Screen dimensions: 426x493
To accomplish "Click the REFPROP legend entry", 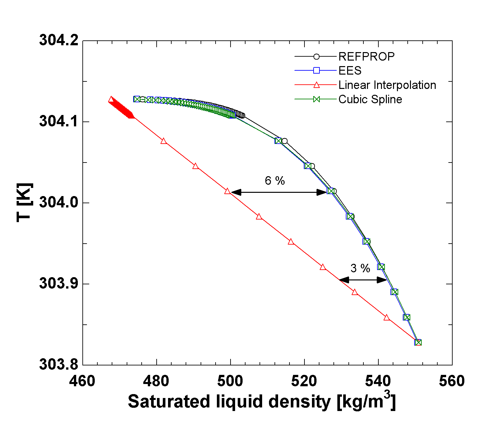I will point(366,57).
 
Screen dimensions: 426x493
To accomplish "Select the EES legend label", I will point(350,71).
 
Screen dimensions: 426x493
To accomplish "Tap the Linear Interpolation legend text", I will point(387,85).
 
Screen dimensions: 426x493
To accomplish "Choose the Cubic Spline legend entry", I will point(370,99).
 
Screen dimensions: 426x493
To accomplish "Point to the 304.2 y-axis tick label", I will point(59,40).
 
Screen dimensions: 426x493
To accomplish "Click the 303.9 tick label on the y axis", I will point(59,283).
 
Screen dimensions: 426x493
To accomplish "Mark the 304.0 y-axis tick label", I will point(59,202).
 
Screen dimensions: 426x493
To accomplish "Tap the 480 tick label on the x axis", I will point(157,381).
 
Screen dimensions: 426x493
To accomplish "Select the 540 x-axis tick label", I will point(378,381).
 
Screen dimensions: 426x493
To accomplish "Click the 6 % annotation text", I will point(275,180).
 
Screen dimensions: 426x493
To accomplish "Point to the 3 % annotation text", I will point(360,268).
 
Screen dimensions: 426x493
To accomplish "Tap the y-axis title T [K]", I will point(25,202).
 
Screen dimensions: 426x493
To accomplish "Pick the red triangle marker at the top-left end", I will point(111,100).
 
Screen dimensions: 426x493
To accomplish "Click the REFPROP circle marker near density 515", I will point(284,141).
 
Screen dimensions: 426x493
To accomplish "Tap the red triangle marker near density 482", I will point(164,141).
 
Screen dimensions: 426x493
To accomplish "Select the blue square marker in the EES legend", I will point(316,71).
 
